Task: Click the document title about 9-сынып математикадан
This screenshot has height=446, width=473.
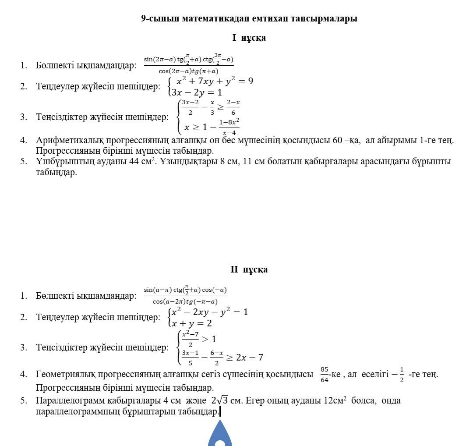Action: (249, 18)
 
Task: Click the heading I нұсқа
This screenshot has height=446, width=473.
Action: (249, 38)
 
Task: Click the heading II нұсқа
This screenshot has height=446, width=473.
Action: (249, 269)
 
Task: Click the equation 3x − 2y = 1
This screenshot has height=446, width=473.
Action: (197, 93)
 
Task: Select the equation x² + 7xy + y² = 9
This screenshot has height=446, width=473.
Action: (214, 81)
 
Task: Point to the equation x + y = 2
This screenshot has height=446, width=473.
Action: (192, 323)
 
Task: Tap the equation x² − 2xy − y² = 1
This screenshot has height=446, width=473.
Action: (209, 312)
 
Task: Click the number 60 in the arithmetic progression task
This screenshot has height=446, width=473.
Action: (338, 141)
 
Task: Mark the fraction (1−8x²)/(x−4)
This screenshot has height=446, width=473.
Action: (229, 127)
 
